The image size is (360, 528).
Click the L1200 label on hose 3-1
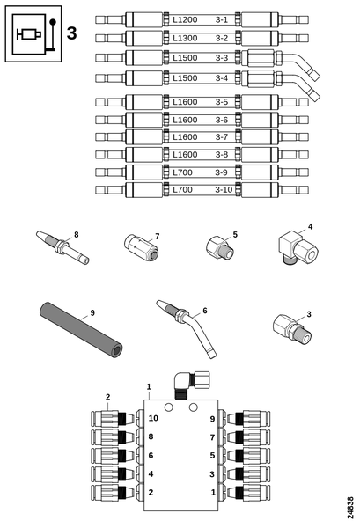[186, 18]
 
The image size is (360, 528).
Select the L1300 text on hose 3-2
[186, 38]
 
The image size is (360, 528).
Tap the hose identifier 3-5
[222, 101]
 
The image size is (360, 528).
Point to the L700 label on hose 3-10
[182, 189]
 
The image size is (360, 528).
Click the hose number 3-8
[222, 154]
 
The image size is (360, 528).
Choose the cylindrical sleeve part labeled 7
[141, 250]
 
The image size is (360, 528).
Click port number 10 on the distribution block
[154, 418]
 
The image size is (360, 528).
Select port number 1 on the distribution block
[213, 492]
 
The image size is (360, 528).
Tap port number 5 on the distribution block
[213, 455]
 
